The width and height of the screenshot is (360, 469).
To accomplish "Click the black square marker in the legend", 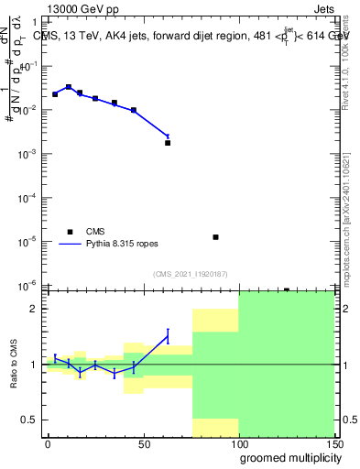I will [x=70, y=232].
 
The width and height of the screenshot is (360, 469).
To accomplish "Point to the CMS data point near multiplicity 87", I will [x=215, y=237].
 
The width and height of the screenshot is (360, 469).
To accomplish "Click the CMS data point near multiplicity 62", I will [x=168, y=143].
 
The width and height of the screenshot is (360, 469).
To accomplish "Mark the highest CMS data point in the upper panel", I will [x=69, y=87].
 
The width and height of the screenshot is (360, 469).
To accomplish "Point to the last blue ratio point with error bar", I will [x=168, y=337].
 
